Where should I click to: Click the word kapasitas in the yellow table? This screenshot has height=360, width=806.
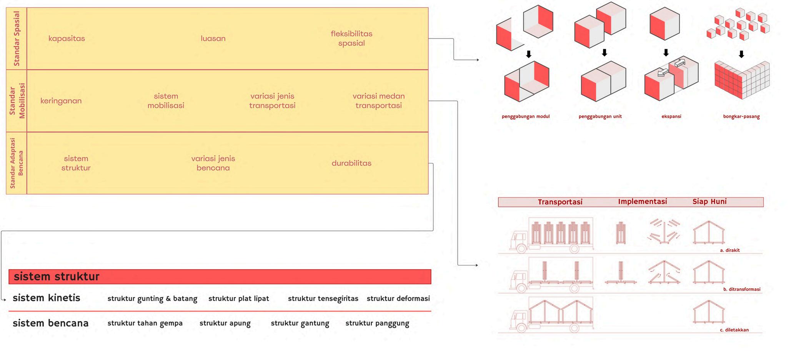click(x=67, y=38)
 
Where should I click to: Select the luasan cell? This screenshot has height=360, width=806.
click(x=213, y=38)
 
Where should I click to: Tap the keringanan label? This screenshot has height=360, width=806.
click(x=61, y=101)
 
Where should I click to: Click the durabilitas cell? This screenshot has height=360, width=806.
click(x=351, y=163)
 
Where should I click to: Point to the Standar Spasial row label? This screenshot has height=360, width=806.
click(x=17, y=38)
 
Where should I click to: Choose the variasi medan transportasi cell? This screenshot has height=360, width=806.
click(x=378, y=101)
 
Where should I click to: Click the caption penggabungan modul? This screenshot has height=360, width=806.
click(x=526, y=117)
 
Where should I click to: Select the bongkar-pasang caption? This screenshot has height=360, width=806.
click(x=741, y=117)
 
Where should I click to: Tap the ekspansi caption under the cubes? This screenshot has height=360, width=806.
click(x=671, y=117)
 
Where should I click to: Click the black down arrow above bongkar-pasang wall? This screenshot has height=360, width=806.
click(x=741, y=54)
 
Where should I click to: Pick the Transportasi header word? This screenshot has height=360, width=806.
click(x=560, y=202)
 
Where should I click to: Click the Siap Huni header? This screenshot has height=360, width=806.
click(x=709, y=202)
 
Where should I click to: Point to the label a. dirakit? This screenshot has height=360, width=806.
click(x=729, y=250)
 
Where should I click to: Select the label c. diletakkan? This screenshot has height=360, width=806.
click(x=734, y=330)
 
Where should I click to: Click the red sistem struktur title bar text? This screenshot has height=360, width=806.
click(x=57, y=277)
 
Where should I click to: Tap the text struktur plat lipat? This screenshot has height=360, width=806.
click(x=238, y=298)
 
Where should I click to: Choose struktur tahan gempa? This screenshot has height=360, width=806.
click(x=145, y=323)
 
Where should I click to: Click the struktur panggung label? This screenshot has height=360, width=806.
click(x=377, y=323)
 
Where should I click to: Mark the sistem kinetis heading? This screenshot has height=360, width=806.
click(x=47, y=298)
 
